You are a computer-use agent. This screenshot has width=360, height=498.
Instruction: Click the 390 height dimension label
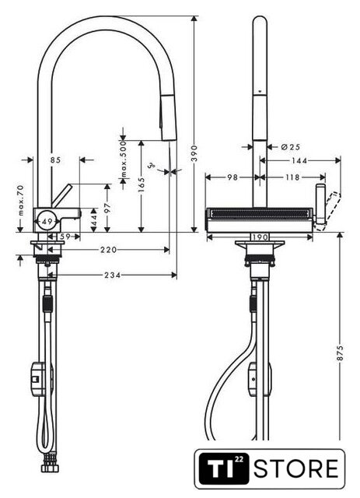coord(194,153)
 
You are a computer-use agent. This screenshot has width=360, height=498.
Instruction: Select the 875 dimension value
coord(340,352)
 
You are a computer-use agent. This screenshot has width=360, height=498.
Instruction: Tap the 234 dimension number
coord(113,275)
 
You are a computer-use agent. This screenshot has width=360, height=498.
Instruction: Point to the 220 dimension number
coord(109,250)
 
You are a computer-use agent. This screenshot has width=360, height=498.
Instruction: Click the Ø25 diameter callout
coord(291,147)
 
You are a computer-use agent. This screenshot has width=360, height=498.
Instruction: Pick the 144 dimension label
coord(299,161)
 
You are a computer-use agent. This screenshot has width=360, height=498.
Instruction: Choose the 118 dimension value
coord(292,177)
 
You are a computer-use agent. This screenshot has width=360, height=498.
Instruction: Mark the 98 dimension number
coord(232,177)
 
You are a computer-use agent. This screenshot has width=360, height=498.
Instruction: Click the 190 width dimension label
coord(260,237)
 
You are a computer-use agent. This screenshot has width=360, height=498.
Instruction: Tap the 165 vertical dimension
coord(142,184)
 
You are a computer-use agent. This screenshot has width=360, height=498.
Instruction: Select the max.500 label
coord(123,159)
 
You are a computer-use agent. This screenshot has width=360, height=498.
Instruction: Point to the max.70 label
coord(21,201)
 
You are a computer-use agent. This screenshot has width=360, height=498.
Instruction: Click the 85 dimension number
coord(55,160)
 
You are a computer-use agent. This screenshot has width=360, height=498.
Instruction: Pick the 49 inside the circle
coord(47,221)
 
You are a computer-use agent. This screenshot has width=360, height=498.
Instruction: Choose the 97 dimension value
coord(107,208)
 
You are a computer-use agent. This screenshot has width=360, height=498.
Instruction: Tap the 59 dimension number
coord(65,237)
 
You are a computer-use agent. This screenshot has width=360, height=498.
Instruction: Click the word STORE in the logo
coord(296,468)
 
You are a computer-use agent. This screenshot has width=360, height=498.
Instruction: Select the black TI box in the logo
coord(224,468)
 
